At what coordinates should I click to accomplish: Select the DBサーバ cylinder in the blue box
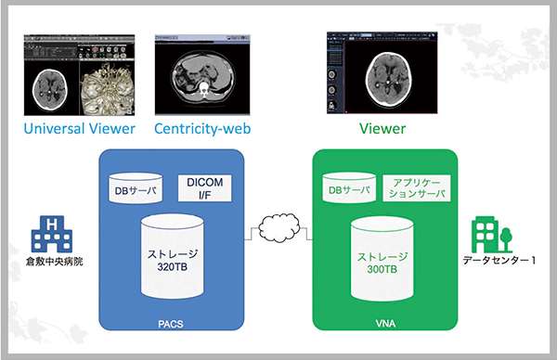(136, 188)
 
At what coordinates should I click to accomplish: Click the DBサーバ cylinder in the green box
(347, 188)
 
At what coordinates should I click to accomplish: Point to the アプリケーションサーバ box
(414, 189)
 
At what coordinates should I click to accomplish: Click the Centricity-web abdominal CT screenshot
(201, 73)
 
